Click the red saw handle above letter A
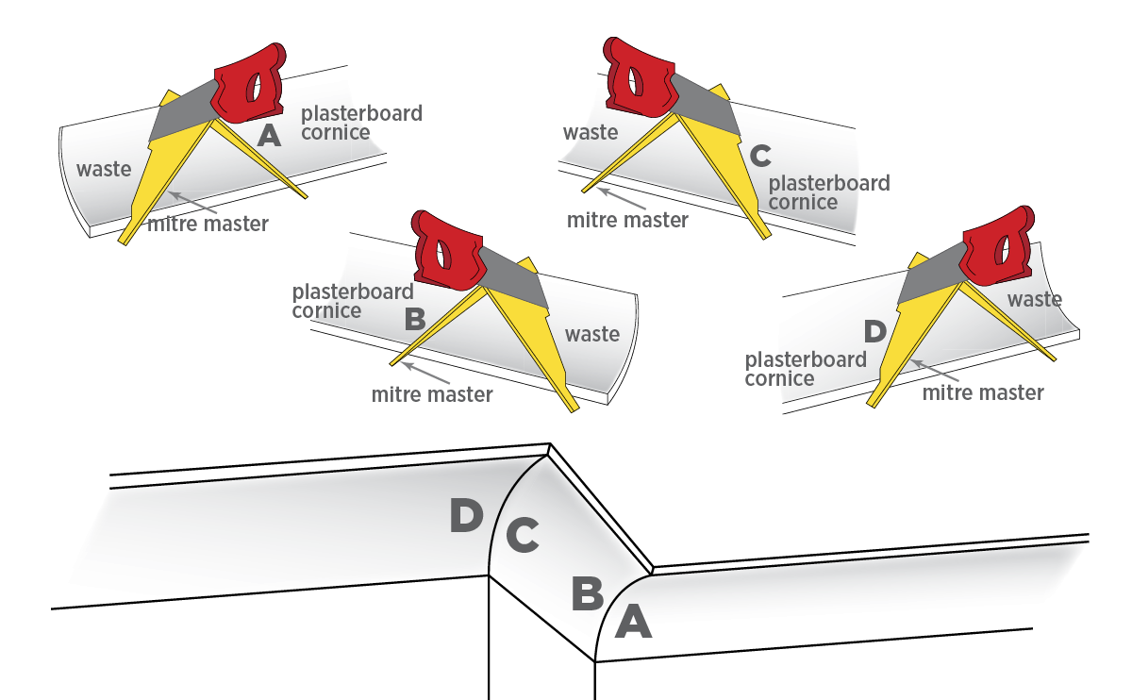point(248,85)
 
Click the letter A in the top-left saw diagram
point(269,138)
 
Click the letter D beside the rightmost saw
point(875,331)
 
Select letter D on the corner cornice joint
point(466,516)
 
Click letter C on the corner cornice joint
point(522,536)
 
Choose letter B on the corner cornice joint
point(587,594)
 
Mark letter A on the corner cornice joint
point(633,623)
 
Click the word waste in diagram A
point(104,170)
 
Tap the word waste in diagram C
point(591,132)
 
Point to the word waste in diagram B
point(592,334)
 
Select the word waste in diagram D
point(1035,299)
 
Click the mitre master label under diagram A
point(208,225)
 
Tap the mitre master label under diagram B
point(432,394)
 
